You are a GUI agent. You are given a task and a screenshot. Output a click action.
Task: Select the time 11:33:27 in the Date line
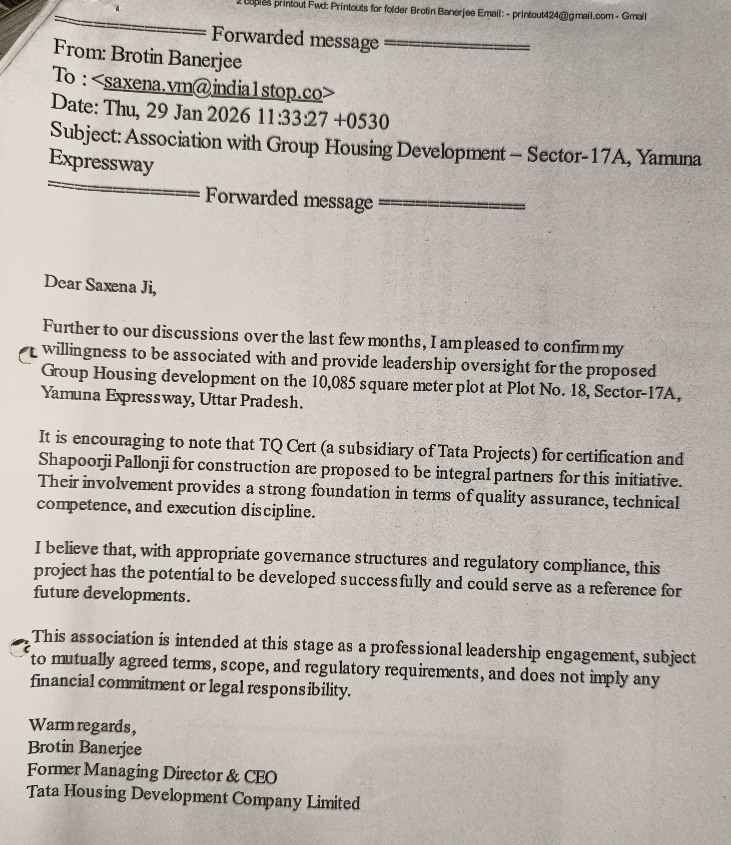click(x=293, y=118)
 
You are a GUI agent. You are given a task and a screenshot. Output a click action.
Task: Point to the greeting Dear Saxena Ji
click(x=100, y=284)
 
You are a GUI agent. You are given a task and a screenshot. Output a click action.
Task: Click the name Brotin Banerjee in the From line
click(x=176, y=58)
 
